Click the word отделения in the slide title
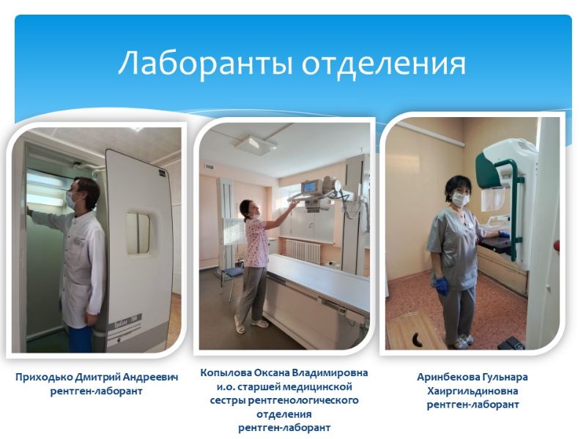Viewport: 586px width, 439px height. [384, 64]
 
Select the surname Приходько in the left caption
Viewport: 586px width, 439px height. [44, 378]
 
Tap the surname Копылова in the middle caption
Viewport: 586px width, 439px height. [226, 373]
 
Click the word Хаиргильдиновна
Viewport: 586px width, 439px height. [472, 391]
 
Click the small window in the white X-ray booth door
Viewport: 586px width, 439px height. [138, 233]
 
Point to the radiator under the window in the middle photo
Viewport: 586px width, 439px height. [303, 250]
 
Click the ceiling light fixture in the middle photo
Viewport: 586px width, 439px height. [256, 144]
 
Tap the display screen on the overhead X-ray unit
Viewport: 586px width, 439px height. [311, 187]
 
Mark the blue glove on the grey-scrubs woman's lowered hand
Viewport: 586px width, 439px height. [442, 286]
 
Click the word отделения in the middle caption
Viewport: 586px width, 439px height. [283, 414]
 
